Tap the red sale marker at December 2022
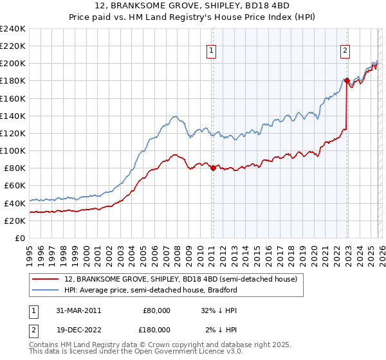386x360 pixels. coord(347,81)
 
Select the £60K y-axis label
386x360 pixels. coord(15,186)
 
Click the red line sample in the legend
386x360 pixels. coord(46,280)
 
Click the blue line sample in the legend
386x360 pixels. coord(46,291)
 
